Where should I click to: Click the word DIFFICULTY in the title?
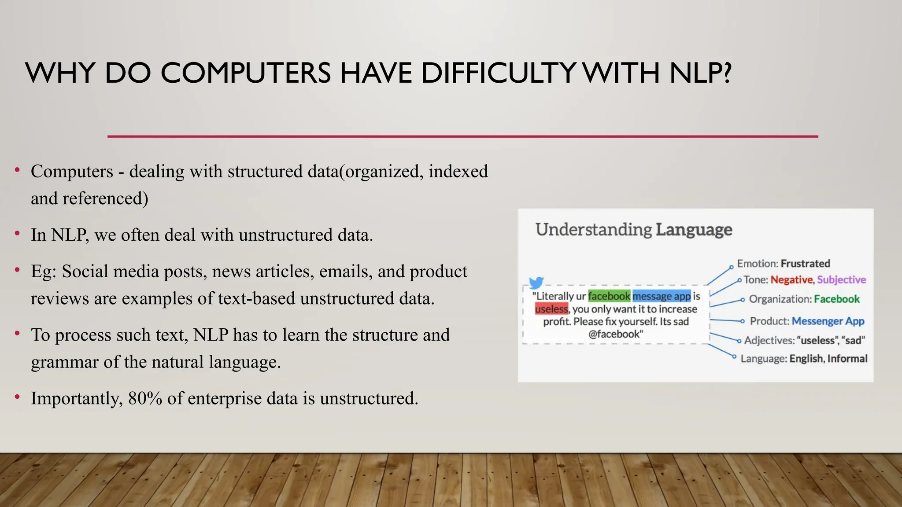[498, 73]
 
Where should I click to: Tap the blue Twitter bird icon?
[536, 283]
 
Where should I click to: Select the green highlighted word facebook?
[609, 296]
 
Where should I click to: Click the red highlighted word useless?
[551, 309]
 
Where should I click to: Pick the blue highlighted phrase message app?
[662, 296]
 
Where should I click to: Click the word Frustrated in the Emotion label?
[805, 264]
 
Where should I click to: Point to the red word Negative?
[791, 280]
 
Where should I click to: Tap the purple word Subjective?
[841, 280]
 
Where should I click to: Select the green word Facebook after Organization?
[836, 299]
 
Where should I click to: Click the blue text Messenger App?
[828, 321]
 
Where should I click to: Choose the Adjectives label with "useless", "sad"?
[804, 340]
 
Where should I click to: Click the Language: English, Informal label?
[804, 359]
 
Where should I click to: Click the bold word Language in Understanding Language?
[694, 230]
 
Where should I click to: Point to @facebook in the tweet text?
[616, 334]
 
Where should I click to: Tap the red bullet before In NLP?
[17, 233]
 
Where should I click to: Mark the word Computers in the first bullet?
[72, 172]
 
